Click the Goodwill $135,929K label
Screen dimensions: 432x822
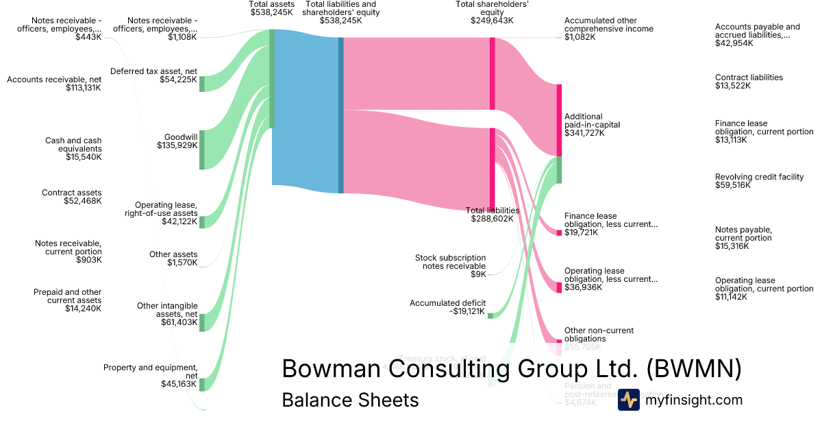(177, 141)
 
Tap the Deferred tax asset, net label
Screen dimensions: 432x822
(153, 75)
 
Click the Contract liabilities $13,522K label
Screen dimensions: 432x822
(749, 82)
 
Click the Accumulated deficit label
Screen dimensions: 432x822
(448, 307)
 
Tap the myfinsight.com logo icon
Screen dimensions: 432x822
(628, 400)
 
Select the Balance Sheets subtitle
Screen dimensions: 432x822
(350, 400)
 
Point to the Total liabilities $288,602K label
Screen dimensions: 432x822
(492, 215)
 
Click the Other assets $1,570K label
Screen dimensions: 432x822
(173, 259)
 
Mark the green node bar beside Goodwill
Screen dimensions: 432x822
(202, 149)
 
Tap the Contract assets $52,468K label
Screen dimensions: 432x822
(71, 197)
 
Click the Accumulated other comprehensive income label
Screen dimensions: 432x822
(608, 29)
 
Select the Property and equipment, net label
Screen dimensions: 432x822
(150, 376)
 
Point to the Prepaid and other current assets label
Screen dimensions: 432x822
(67, 300)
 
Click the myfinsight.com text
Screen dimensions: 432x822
(694, 400)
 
